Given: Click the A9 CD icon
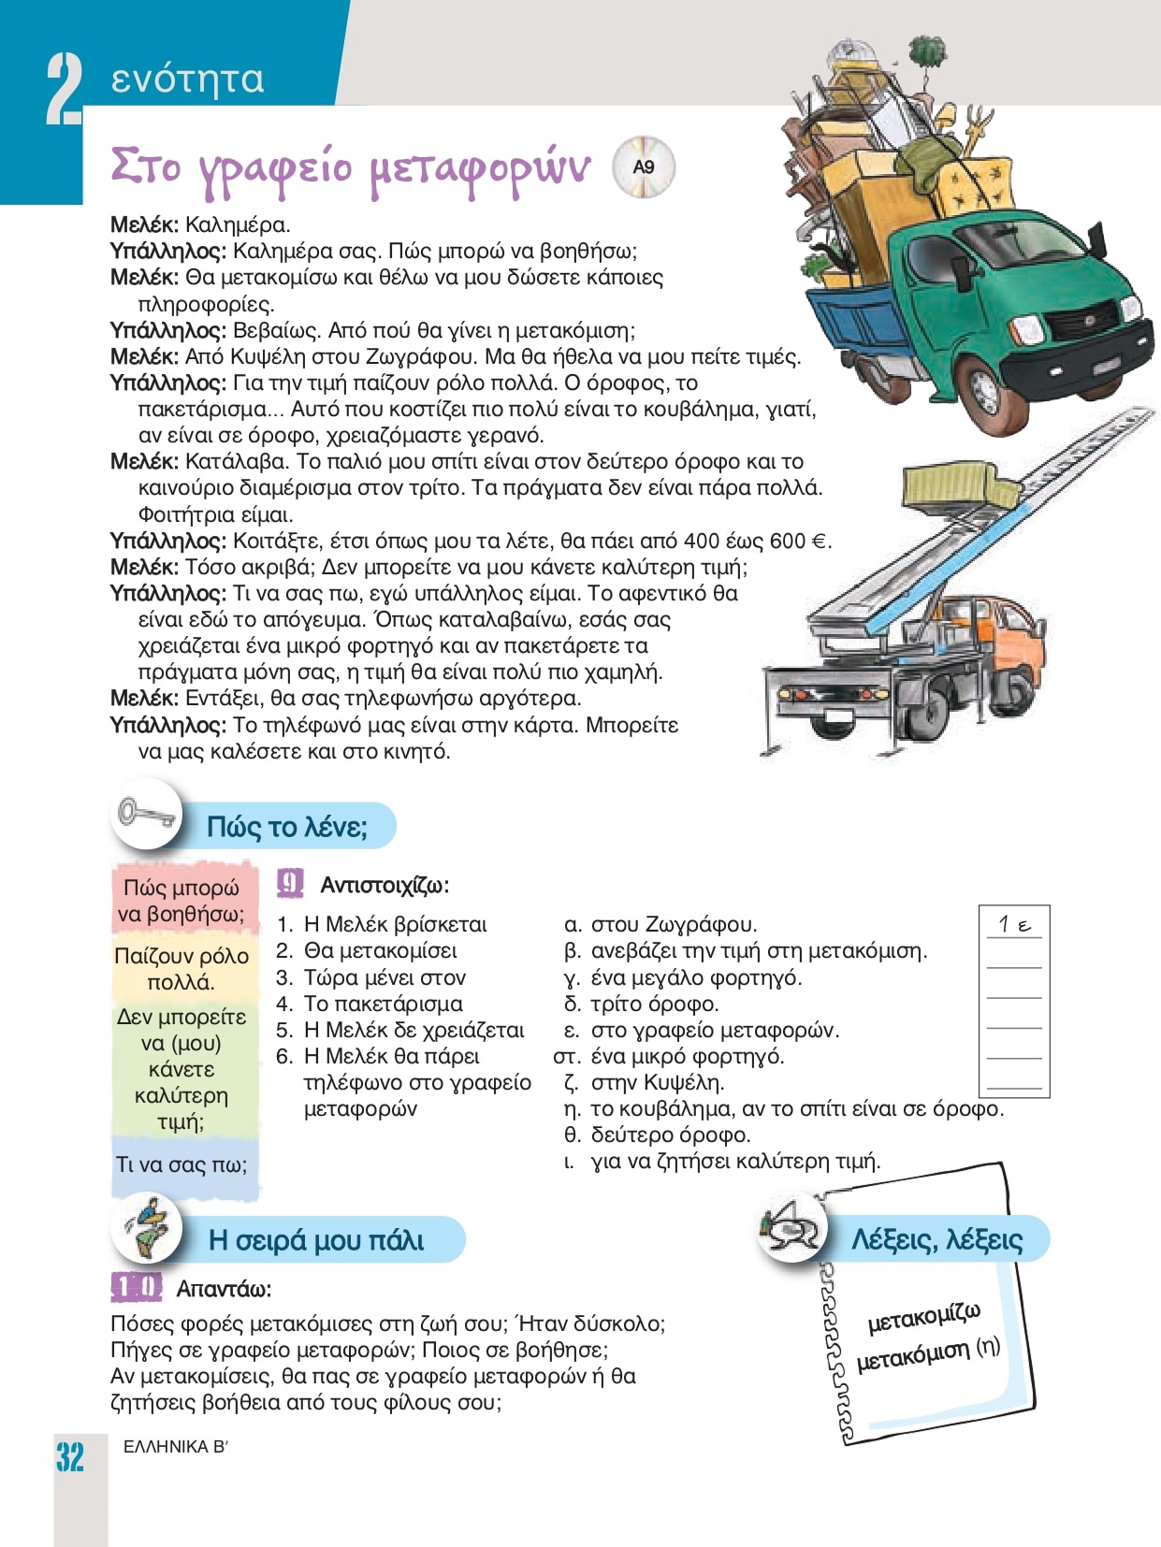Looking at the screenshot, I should (643, 167).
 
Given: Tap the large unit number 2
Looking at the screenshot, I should (64, 90).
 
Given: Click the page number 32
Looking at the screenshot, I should (69, 1457).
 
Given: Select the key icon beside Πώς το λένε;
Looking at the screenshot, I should (146, 814).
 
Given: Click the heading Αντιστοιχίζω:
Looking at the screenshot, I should (384, 885).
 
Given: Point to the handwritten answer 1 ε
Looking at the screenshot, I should (1014, 925).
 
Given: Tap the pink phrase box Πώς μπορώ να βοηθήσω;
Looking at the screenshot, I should (182, 901).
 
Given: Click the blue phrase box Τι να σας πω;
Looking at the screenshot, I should (181, 1164).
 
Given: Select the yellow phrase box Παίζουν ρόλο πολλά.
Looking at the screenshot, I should (181, 969).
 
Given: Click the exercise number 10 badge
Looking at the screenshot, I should (137, 1288).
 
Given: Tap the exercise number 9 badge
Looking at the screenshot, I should (291, 884).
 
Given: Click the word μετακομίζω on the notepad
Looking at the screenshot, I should (923, 1318).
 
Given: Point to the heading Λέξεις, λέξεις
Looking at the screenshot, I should (936, 1239).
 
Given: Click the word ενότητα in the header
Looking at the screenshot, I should (187, 79).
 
